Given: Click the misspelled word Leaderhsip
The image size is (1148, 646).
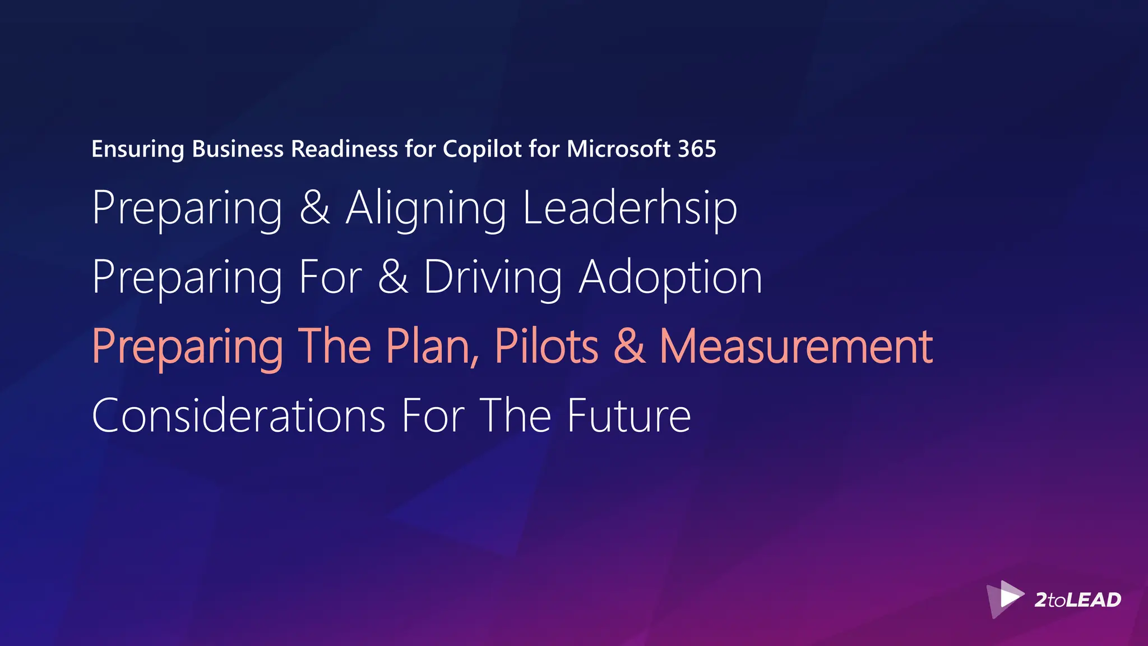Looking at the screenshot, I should [x=629, y=208].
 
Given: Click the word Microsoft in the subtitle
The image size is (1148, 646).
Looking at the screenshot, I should [x=618, y=149].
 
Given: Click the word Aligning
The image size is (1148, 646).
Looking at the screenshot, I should [x=426, y=209].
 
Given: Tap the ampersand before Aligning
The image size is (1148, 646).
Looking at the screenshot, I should [x=314, y=207].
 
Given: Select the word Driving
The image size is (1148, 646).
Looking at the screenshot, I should [x=493, y=278].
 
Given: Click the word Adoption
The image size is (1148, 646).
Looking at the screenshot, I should [x=670, y=278].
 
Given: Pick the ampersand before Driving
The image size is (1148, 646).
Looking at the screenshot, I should [x=393, y=277].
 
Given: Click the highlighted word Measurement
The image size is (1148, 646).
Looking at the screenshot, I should [x=796, y=347].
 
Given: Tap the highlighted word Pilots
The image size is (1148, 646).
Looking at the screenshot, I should [x=547, y=347].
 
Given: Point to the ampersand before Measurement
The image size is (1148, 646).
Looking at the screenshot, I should [x=629, y=347].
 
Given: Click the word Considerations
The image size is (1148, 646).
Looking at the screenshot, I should [x=239, y=416].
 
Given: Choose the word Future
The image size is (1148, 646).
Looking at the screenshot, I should [x=629, y=416].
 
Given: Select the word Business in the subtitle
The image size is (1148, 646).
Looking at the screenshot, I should [x=238, y=149].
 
